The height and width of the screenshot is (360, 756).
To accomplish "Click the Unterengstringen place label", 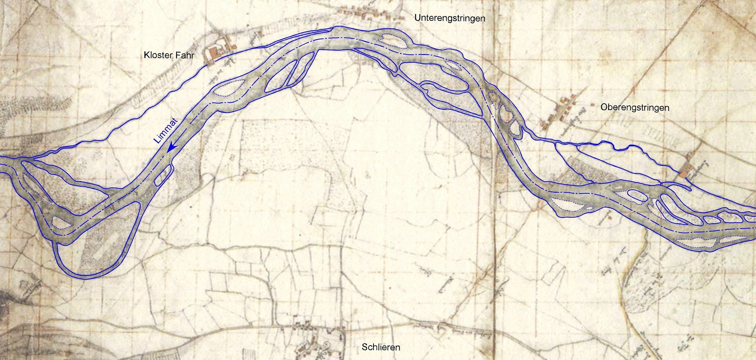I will tap(449, 18).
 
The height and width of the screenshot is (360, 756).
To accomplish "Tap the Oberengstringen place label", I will tap(635, 108).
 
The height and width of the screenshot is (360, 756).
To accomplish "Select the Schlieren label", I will tap(381, 347).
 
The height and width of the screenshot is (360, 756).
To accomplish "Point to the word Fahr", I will tap(185, 56).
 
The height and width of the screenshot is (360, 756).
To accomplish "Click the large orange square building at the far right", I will tap(683, 175).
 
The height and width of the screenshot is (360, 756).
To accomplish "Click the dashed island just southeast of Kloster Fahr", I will tap(227, 88).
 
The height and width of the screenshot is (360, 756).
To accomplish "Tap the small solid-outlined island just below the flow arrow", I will tap(164, 176).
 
